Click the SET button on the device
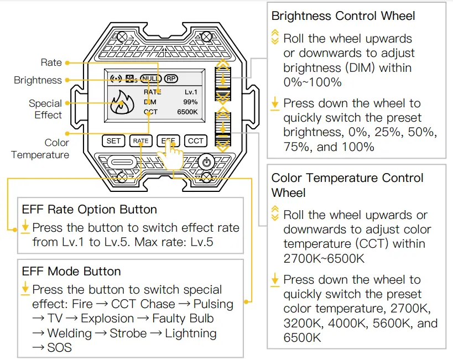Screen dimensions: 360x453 113,141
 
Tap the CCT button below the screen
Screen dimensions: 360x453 195,141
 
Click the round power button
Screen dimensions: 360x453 206,163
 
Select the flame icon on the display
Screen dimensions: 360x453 121,103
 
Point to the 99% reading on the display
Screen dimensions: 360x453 190,102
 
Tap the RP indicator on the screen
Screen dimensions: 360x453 171,79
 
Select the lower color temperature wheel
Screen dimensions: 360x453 223,130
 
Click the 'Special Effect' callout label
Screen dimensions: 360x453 45,109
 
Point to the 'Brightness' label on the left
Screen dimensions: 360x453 38,80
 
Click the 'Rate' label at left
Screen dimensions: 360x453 51,62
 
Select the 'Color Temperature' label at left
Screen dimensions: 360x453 40,149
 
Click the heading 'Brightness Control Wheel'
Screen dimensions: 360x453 343,15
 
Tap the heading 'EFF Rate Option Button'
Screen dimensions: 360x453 90,210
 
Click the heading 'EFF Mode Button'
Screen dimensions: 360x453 71,272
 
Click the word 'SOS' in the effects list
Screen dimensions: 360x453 59,348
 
